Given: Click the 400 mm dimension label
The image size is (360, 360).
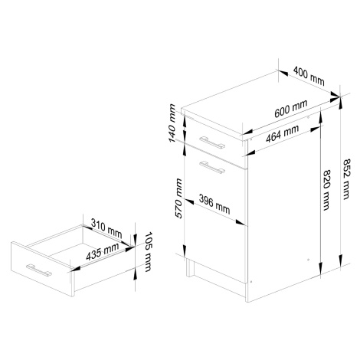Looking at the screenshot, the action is [x=309, y=76].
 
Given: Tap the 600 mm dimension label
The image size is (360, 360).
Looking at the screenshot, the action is [x=291, y=109].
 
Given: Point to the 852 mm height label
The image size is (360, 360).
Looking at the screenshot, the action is [x=346, y=179].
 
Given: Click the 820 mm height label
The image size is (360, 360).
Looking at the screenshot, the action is [x=327, y=190].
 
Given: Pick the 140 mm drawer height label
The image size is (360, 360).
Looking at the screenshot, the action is [x=172, y=123].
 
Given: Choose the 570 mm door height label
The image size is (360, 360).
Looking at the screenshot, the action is [x=178, y=198].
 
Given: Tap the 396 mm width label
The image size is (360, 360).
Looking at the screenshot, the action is [x=214, y=205].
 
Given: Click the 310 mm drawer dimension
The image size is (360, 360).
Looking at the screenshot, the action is [x=106, y=228].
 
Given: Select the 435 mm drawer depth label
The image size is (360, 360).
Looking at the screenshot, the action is [x=103, y=251].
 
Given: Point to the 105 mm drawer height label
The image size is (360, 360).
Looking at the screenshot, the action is [x=148, y=252].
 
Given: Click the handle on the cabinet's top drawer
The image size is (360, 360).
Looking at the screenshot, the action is [x=212, y=142].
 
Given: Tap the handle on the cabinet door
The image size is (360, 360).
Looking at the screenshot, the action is [x=212, y=167].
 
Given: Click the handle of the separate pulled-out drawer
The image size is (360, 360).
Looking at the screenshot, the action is [x=39, y=270].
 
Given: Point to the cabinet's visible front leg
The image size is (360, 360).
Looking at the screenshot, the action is [x=190, y=267].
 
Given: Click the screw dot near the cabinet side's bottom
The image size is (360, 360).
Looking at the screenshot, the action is [x=308, y=260].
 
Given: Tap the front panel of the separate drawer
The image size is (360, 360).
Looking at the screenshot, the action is [x=41, y=269].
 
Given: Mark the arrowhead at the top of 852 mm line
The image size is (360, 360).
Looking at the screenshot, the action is [x=340, y=102].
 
